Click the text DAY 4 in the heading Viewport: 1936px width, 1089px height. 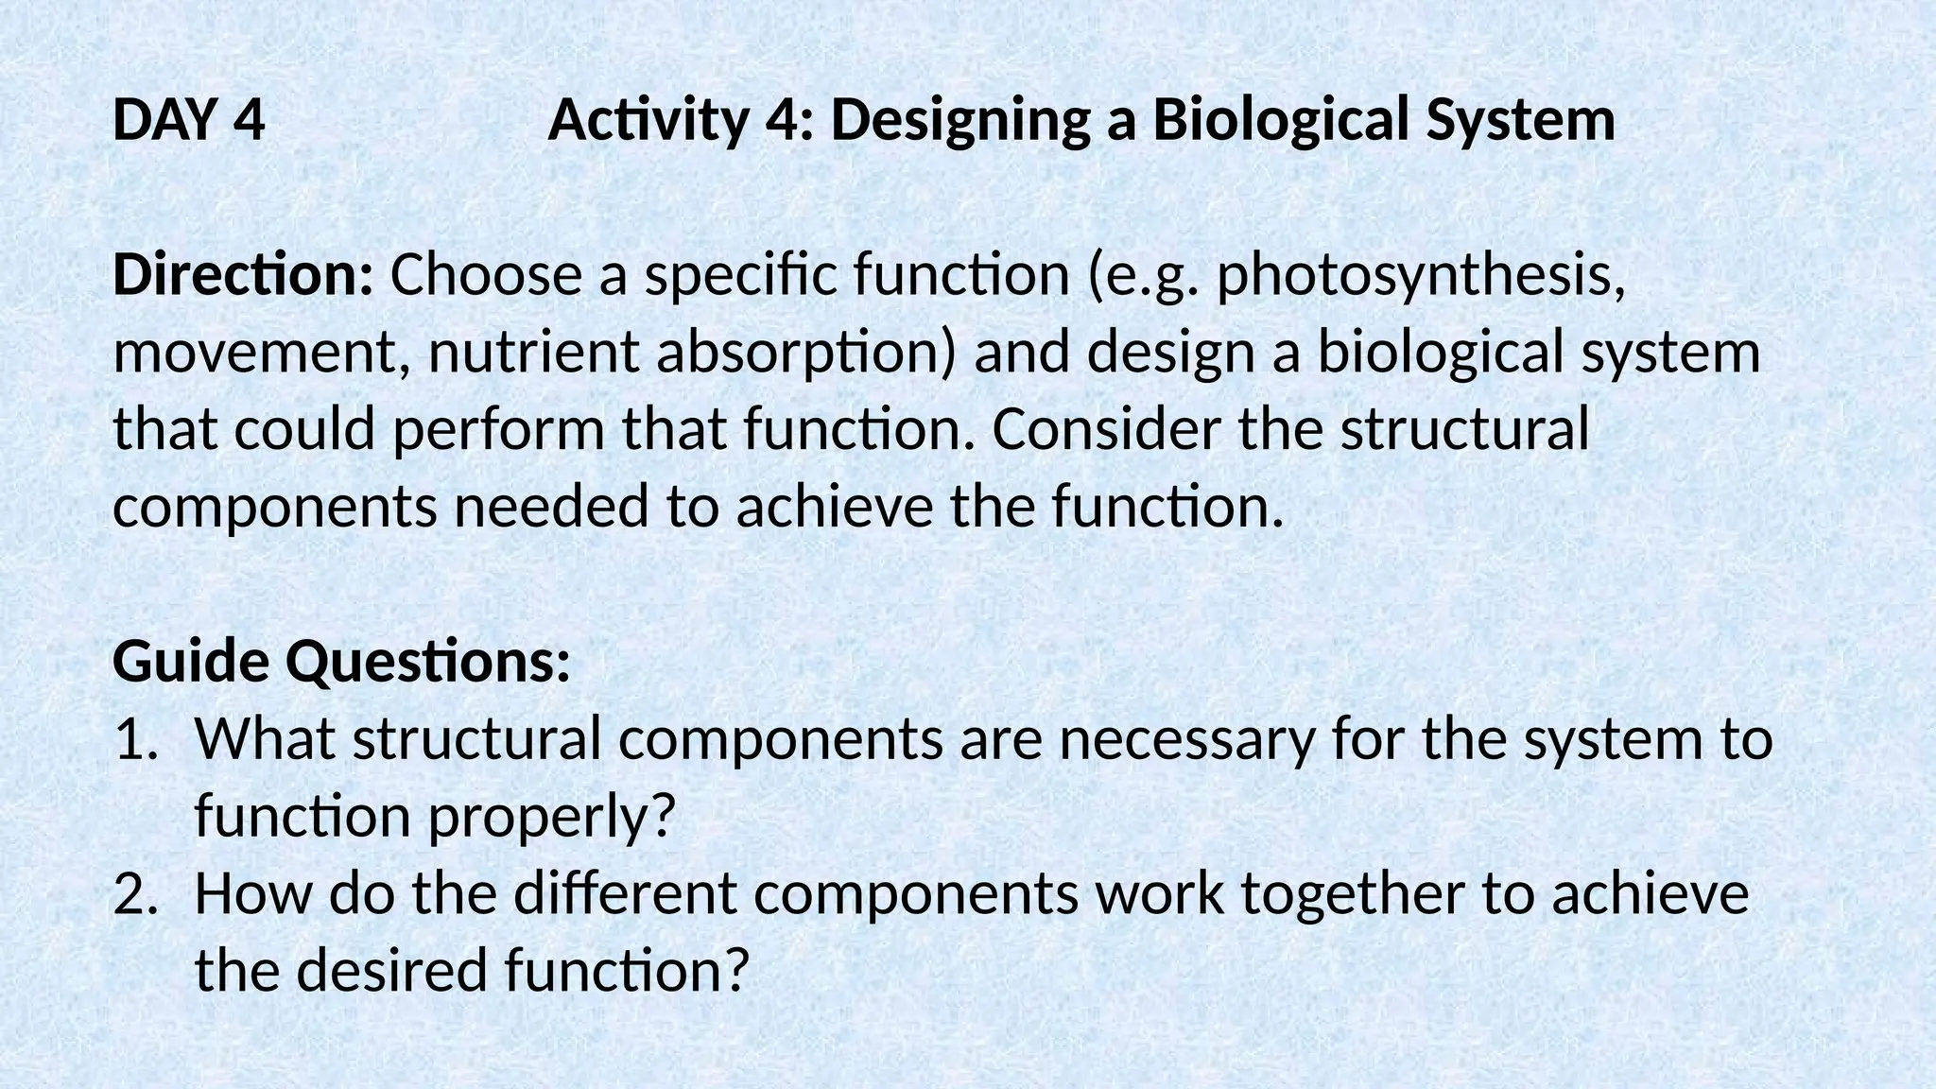tap(188, 121)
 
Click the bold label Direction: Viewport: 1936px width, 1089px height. tap(243, 275)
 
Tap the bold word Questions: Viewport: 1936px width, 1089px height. tap(428, 664)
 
